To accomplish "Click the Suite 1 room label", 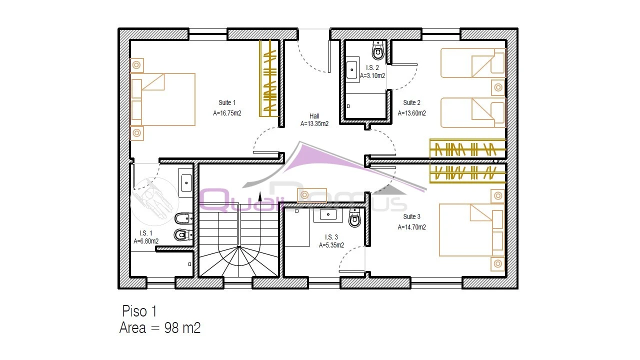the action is tap(227, 102).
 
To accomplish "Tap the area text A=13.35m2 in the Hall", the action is tap(314, 123).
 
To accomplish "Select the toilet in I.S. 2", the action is tap(378, 50).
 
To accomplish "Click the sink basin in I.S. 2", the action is tap(351, 69).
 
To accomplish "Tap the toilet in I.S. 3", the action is tap(354, 218).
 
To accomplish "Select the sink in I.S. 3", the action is tap(328, 214).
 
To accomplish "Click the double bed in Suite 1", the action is tap(162, 99).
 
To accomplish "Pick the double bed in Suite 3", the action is tap(471, 230).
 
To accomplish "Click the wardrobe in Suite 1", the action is tap(268, 78).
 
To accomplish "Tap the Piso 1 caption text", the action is tap(139, 311).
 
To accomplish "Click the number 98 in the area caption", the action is tap(171, 327).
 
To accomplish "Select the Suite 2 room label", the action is tap(411, 102).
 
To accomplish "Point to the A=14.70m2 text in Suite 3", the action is tap(411, 227).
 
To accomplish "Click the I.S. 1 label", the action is tap(145, 233).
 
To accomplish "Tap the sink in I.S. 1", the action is tap(186, 183).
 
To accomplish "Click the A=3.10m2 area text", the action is tap(372, 75).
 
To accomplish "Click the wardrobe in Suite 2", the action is tap(467, 148).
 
